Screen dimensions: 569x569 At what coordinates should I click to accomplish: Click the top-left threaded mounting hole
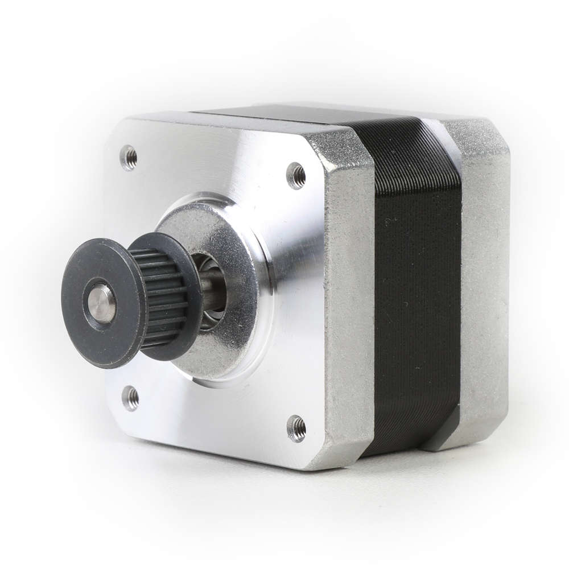(129, 157)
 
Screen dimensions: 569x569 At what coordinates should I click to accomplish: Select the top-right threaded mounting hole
(296, 176)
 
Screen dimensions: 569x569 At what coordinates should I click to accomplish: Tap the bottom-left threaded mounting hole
(131, 398)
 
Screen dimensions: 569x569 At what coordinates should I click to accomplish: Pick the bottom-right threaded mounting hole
(296, 428)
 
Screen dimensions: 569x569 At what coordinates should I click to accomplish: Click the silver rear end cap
(484, 284)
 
